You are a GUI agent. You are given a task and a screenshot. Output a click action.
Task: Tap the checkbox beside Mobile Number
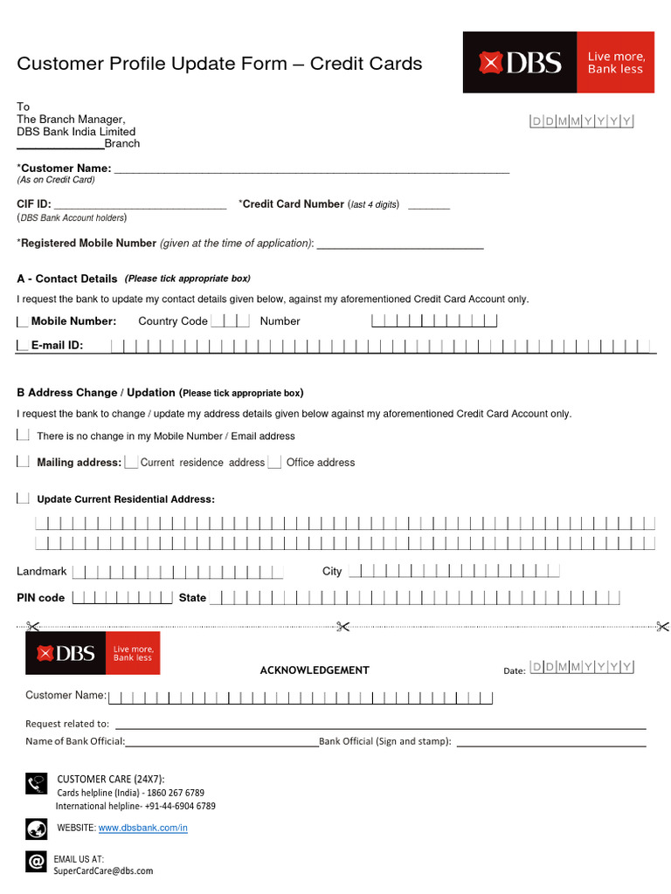click(x=22, y=321)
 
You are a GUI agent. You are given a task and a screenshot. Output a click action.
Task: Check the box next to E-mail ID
click(x=22, y=346)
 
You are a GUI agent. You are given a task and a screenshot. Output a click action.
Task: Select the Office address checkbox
click(x=274, y=462)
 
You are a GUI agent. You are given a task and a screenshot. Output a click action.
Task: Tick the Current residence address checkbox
click(x=131, y=462)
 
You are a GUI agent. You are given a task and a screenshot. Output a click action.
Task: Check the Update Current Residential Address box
click(x=23, y=499)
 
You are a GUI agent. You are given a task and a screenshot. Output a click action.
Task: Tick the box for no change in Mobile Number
click(x=23, y=435)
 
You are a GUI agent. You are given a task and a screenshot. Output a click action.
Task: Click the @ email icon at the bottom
click(x=36, y=863)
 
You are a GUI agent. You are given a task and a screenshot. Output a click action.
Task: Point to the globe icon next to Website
click(x=36, y=828)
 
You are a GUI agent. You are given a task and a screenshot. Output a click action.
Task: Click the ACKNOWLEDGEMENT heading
click(x=315, y=670)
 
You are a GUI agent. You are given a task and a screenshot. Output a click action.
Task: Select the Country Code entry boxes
click(x=230, y=321)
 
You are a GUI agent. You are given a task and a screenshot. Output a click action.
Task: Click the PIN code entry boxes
click(x=121, y=598)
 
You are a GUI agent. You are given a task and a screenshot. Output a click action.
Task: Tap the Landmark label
click(x=42, y=571)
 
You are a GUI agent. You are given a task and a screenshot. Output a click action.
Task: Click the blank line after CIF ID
click(x=140, y=206)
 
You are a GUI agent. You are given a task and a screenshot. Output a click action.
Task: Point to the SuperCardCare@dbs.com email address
click(x=103, y=870)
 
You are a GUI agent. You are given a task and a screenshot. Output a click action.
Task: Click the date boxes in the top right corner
click(x=582, y=121)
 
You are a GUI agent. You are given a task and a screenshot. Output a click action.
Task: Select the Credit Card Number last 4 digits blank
click(x=428, y=206)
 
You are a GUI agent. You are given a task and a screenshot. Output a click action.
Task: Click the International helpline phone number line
click(x=135, y=806)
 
